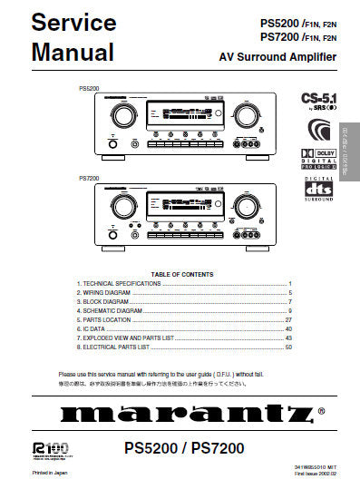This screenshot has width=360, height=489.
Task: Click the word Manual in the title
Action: click(x=73, y=52)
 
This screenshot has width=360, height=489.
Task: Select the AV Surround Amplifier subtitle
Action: click(x=277, y=57)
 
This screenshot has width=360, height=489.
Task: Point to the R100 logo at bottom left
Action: click(x=44, y=447)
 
